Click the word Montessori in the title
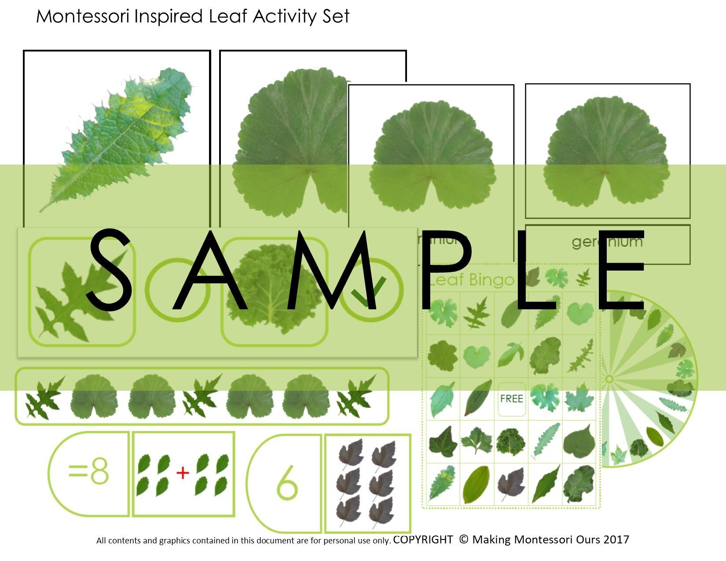coord(82,16)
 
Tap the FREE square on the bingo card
coord(511,399)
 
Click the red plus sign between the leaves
coord(183,473)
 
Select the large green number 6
coord(287,484)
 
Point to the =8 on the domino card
coord(88,473)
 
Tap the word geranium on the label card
coord(607,242)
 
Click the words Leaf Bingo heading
coord(471,280)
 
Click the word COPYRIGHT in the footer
coord(423,539)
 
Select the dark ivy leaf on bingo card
coord(443,441)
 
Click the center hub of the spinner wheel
coord(609,379)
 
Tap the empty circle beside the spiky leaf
coord(177,290)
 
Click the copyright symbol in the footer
coord(463,539)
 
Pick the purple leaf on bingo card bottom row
coord(510,484)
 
